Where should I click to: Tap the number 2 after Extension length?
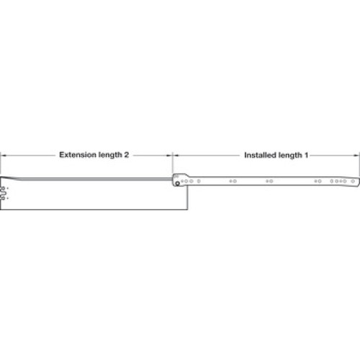click(127, 155)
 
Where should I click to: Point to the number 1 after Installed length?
click(306, 155)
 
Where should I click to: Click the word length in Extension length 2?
click(110, 156)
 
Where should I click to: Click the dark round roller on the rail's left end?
click(177, 184)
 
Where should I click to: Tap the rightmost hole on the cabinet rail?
click(353, 181)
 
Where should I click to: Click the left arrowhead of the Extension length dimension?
click(4, 156)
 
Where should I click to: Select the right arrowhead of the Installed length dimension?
click(356, 156)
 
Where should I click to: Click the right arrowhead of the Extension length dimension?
click(169, 156)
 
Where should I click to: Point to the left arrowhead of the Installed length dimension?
click(176, 156)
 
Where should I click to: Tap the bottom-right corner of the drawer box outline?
click(188, 210)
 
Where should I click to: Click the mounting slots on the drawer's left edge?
click(3, 193)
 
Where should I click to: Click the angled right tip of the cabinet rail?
click(359, 181)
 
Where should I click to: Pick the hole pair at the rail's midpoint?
click(269, 181)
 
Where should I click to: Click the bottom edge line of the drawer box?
click(94, 210)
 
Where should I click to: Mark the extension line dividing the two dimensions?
click(172, 163)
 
